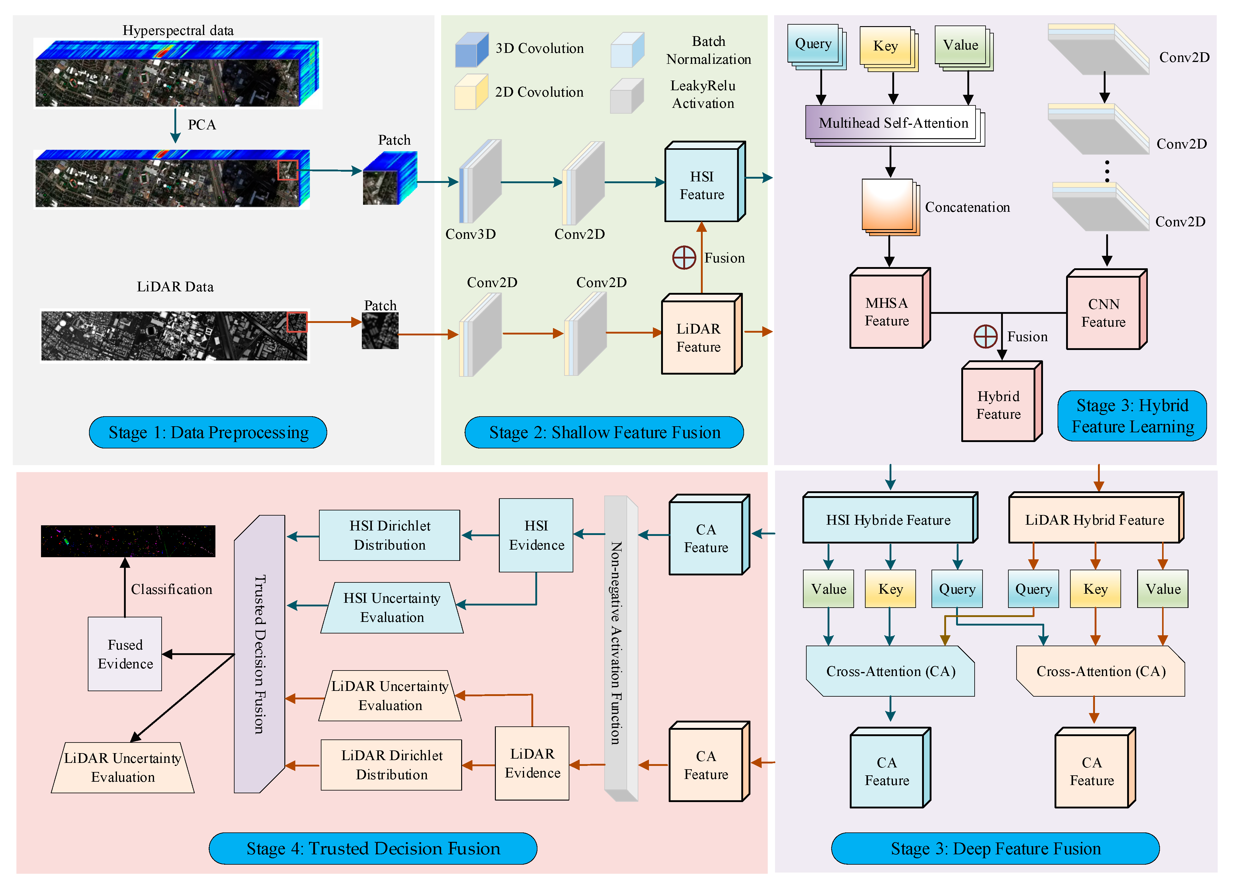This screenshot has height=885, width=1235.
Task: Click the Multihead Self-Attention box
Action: tap(893, 123)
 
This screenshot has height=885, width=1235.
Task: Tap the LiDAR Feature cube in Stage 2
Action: tap(699, 337)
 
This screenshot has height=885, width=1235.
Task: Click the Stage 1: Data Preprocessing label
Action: tap(208, 432)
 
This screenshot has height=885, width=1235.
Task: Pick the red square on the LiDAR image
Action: tap(297, 321)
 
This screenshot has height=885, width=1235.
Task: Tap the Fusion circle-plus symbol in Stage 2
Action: tap(684, 258)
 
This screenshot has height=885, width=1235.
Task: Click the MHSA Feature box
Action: tap(887, 311)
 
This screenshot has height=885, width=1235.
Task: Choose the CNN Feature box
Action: tap(1104, 313)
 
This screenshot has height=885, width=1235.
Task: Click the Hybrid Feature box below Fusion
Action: tap(999, 405)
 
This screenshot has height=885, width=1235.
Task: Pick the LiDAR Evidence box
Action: tap(532, 763)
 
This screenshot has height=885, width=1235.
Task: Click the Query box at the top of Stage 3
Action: tap(813, 43)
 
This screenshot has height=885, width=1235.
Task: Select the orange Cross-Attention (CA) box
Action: tap(1100, 671)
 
